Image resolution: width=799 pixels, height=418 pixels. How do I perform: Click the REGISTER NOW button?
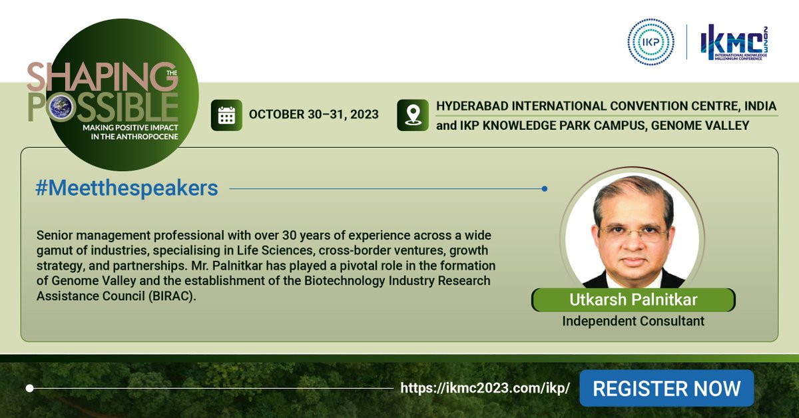pyautogui.click(x=666, y=388)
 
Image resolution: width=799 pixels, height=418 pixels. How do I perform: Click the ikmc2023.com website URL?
pyautogui.click(x=485, y=389)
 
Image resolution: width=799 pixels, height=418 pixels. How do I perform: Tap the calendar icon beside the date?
pyautogui.click(x=226, y=114)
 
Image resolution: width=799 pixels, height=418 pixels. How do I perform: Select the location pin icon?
pyautogui.click(x=412, y=114)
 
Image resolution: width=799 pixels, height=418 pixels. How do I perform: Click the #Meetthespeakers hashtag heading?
pyautogui.click(x=127, y=188)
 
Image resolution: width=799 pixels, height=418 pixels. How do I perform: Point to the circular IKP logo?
pyautogui.click(x=651, y=42)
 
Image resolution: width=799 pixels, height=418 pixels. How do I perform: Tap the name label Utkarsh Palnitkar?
pyautogui.click(x=633, y=300)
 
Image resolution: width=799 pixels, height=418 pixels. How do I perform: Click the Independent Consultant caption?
pyautogui.click(x=633, y=321)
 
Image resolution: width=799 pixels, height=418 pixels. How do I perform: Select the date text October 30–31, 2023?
pyautogui.click(x=314, y=114)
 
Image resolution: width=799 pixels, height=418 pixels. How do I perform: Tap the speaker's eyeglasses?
pyautogui.click(x=633, y=233)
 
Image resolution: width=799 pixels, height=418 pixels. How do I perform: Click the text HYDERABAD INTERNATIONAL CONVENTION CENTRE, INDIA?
pyautogui.click(x=607, y=106)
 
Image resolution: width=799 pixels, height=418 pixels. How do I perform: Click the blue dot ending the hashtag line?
pyautogui.click(x=545, y=189)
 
